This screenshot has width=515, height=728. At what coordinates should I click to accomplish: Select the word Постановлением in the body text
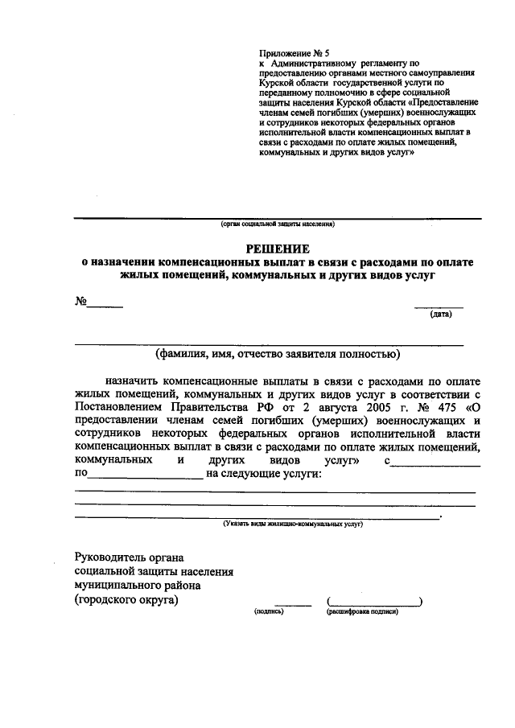118,407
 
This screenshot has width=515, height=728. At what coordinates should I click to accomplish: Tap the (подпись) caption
268,612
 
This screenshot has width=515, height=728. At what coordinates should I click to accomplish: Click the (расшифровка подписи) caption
362,612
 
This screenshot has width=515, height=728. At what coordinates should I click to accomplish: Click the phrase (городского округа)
126,599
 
